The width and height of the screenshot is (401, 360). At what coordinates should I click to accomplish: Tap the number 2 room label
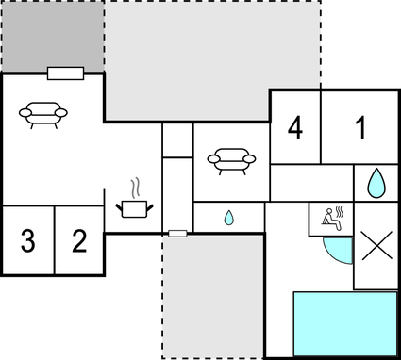(79, 241)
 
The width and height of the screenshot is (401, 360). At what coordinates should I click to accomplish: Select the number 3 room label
(27, 241)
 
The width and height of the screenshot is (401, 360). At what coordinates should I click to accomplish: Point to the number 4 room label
(295, 127)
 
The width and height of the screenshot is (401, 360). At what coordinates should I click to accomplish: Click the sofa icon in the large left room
(42, 114)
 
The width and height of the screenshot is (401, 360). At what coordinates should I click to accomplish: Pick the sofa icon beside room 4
(231, 160)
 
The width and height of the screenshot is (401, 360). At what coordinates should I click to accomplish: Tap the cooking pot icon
(133, 205)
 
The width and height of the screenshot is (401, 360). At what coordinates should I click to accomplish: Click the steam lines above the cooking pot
(138, 185)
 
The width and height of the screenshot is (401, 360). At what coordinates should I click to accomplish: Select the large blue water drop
(376, 182)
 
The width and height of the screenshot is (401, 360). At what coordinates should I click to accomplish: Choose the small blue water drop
(229, 218)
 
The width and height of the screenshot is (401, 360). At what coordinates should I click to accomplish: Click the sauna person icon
(331, 218)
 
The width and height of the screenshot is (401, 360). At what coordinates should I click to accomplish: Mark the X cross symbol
(376, 246)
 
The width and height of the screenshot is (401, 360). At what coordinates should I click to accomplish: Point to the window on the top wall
(66, 73)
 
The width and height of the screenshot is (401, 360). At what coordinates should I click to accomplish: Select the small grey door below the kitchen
(177, 232)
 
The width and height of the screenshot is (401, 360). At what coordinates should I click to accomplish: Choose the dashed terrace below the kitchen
(212, 297)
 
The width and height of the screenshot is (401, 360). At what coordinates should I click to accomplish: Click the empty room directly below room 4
(311, 183)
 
